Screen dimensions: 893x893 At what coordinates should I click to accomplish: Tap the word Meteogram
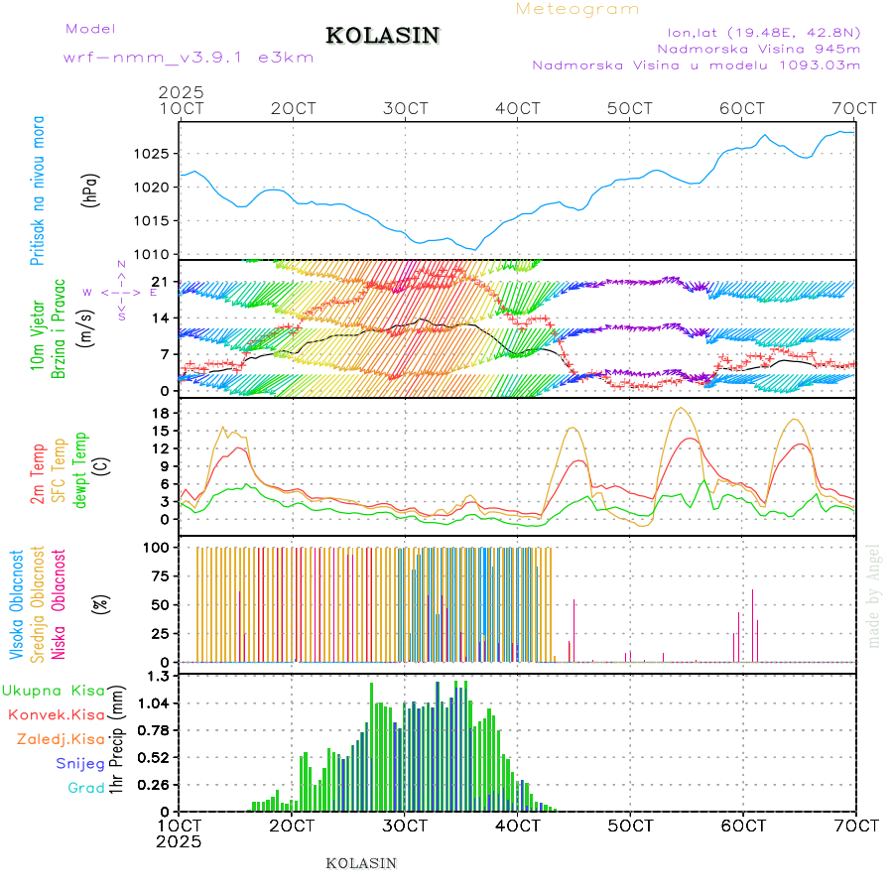577,9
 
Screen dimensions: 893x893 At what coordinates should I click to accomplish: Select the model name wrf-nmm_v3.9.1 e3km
189,58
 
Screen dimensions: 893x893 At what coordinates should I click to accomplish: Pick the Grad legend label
85,788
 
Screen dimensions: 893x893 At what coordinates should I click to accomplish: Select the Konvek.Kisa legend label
56,714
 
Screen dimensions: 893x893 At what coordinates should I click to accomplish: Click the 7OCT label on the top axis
855,108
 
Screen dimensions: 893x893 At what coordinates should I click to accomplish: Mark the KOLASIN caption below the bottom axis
361,863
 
